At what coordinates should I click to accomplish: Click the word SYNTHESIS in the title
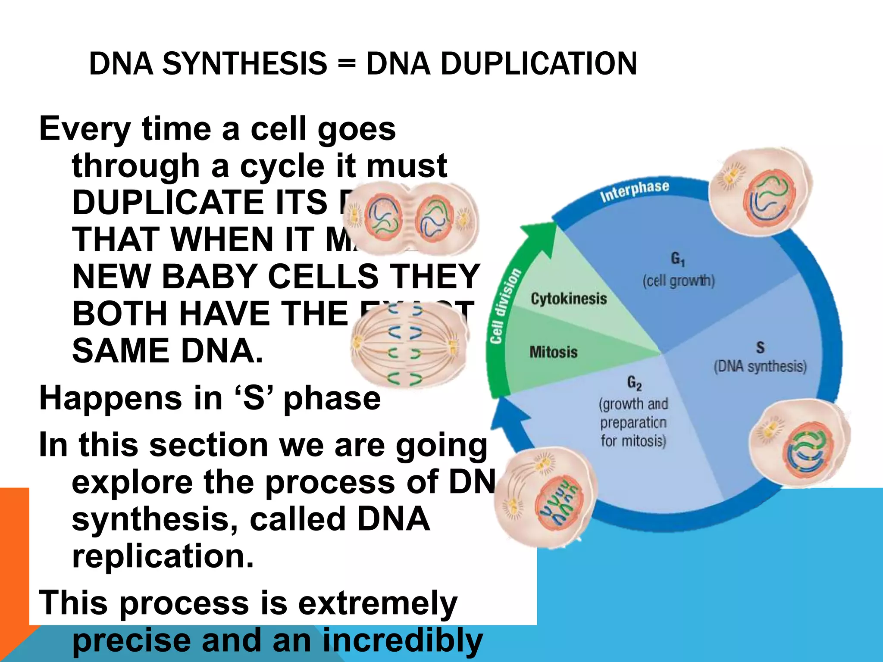pyautogui.click(x=244, y=64)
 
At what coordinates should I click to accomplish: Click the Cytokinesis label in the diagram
pyautogui.click(x=568, y=299)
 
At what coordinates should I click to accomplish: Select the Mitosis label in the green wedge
pyautogui.click(x=553, y=352)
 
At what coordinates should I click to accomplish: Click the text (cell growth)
pyautogui.click(x=678, y=281)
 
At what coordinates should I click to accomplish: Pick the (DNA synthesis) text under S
pyautogui.click(x=760, y=367)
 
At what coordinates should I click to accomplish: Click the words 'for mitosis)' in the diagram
pyautogui.click(x=633, y=441)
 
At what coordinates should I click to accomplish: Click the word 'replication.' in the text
pyautogui.click(x=163, y=556)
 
